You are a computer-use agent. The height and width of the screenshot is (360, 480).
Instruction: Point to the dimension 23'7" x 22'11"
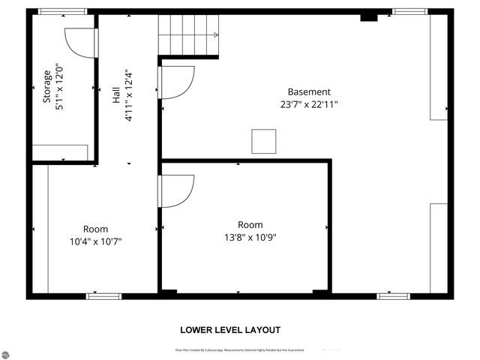308,105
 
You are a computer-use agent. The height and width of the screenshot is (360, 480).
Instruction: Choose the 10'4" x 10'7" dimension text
94,241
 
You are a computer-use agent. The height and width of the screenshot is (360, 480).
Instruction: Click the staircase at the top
187,35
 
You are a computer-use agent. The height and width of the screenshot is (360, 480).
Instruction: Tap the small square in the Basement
263,142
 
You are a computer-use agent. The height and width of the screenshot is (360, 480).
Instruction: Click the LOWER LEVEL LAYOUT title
230,330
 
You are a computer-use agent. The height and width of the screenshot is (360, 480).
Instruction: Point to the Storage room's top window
62,12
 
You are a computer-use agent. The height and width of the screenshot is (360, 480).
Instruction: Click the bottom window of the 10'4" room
103,295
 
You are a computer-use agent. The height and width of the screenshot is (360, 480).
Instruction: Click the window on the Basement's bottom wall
393,295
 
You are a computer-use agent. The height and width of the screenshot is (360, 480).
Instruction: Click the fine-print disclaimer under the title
239,350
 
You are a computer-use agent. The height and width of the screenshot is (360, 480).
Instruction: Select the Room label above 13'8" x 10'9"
250,225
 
